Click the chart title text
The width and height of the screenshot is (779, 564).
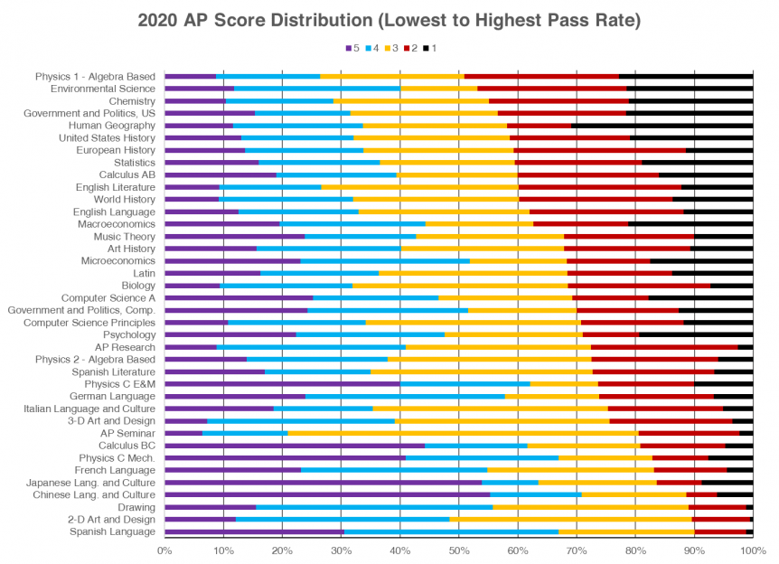click(x=389, y=19)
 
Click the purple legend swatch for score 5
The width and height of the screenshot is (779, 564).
click(x=349, y=48)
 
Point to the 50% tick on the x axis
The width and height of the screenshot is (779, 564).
click(x=458, y=549)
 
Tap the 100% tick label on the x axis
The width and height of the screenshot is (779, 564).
click(x=753, y=549)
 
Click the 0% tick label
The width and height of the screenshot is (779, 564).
click(x=164, y=549)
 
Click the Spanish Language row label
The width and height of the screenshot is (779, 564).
click(x=112, y=531)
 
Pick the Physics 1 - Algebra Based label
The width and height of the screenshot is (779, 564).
click(x=95, y=76)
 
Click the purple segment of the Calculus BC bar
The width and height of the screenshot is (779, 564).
click(x=295, y=445)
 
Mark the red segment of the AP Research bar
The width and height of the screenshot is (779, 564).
click(x=664, y=346)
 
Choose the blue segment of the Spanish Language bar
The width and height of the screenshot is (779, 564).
click(x=451, y=531)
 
